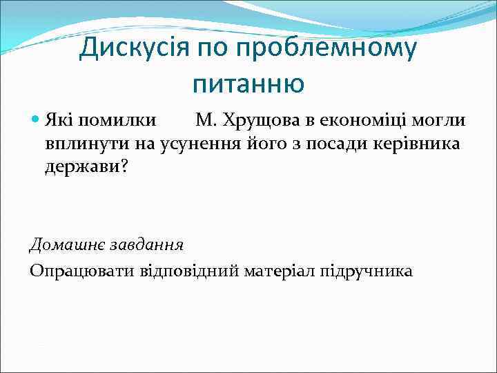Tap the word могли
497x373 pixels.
point(441,121)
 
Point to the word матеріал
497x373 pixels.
point(280,270)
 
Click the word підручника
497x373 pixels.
point(366,270)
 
